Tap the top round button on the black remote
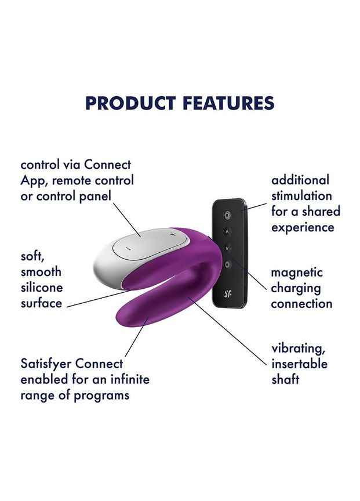tap(227, 215)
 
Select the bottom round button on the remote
tap(227, 264)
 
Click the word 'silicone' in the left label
tap(42, 288)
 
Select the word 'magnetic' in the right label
tap(297, 273)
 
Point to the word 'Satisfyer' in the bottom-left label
tap(46, 364)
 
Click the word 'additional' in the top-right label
tap(300, 180)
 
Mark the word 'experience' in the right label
tap(303, 227)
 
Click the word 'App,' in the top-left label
tap(34, 180)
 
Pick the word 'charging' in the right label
tap(296, 288)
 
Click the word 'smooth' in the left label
tap(41, 272)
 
